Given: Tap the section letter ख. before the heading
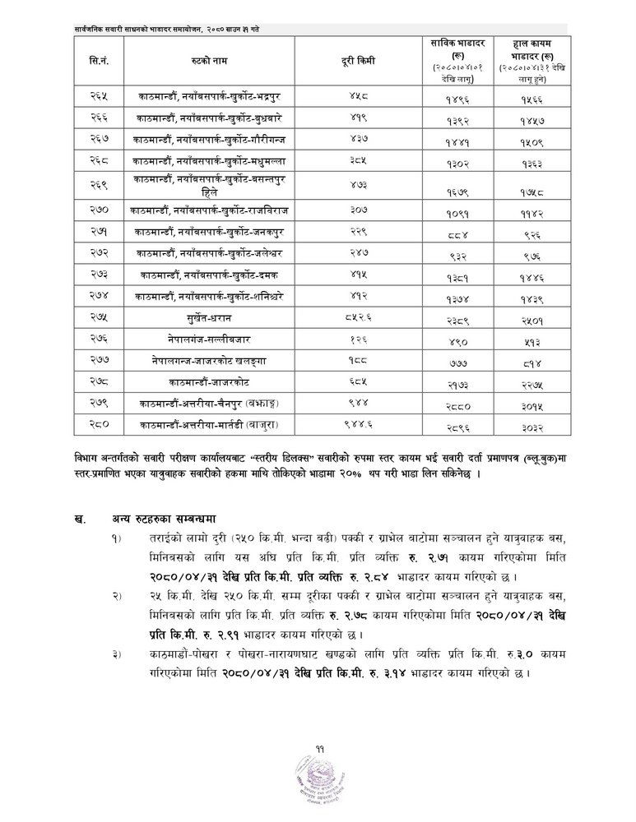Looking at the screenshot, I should (x=79, y=518).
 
